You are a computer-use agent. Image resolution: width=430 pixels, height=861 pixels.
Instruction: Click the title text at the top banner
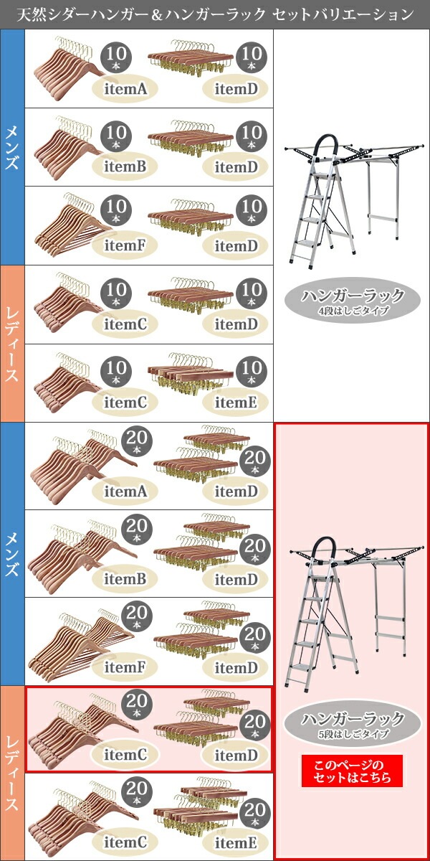215,14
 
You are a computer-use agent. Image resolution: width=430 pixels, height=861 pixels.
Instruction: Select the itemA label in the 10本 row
125,89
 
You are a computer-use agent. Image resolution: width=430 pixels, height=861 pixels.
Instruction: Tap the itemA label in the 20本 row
125,491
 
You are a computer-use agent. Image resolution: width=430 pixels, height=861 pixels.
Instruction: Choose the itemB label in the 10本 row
125,167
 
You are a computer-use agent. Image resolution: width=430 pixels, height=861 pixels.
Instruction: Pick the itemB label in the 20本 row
125,579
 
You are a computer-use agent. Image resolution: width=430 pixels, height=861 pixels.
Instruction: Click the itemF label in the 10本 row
125,245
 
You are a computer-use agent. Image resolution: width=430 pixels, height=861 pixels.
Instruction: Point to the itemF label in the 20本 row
125,667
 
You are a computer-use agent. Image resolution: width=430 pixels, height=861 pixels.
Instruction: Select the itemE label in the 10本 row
235,403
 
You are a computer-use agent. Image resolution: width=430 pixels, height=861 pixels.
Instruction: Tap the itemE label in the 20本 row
235,843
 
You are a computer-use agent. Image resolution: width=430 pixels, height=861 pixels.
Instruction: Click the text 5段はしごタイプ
352,734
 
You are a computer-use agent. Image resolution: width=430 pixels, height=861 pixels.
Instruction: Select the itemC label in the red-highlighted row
125,755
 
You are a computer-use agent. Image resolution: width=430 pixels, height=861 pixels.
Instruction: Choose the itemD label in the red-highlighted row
235,755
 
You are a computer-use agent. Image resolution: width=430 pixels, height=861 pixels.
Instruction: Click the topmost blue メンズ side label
12,147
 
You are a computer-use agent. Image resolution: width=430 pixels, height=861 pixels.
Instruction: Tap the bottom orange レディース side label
12,773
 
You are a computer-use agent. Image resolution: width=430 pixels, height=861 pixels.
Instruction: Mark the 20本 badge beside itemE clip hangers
254,814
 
